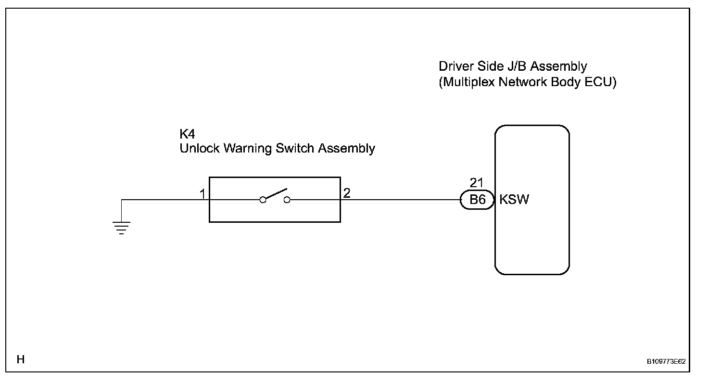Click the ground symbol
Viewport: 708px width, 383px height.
click(121, 228)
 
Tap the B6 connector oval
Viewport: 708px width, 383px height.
click(477, 200)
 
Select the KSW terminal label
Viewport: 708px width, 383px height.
click(514, 199)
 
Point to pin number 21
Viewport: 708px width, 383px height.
click(476, 183)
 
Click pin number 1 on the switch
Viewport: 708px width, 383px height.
click(202, 193)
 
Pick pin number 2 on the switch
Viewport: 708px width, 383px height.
click(347, 193)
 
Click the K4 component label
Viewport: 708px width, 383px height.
click(187, 134)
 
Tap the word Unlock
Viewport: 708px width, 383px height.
click(200, 148)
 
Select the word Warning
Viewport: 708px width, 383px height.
click(248, 149)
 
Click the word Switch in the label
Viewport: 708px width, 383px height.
click(295, 148)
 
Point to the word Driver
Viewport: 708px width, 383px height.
click(456, 66)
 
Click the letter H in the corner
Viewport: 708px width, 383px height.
click(21, 359)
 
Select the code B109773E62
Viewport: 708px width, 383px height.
click(666, 361)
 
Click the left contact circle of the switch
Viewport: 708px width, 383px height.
click(263, 200)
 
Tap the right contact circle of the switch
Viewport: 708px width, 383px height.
click(287, 200)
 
